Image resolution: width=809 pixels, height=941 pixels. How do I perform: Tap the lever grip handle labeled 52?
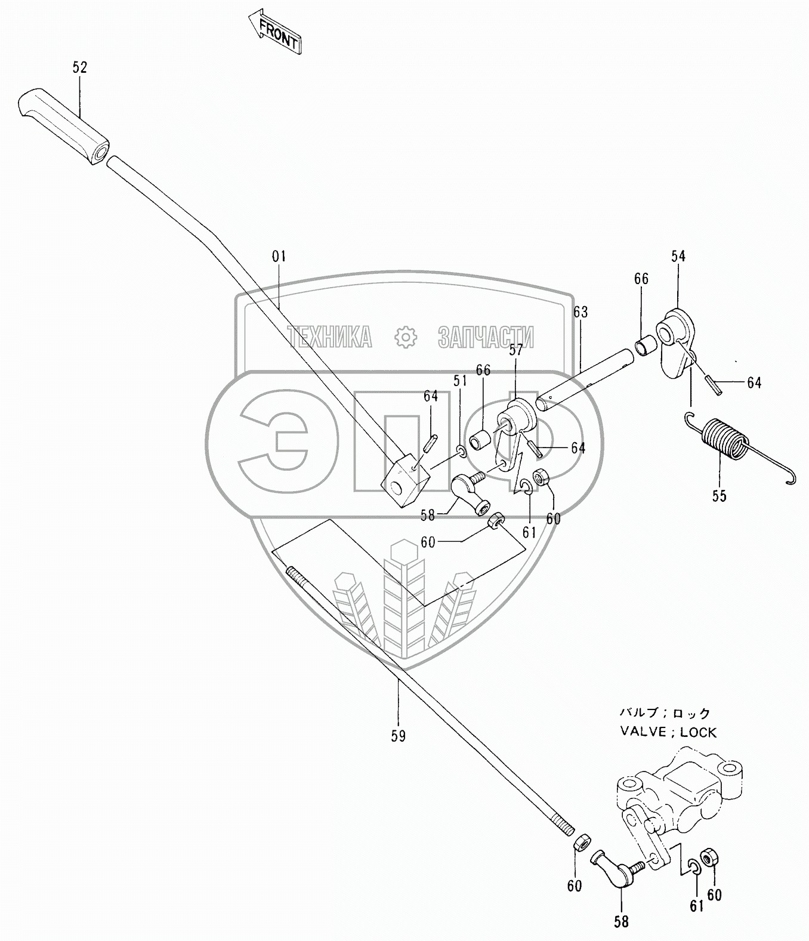coord(64,127)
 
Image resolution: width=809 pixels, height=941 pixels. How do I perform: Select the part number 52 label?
coord(80,67)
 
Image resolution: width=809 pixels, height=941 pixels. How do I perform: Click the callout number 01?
coord(279,257)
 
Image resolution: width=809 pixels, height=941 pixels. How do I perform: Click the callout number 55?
coord(720,496)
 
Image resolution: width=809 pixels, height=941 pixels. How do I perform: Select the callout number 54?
coord(678,257)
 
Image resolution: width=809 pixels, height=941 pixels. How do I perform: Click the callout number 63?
coord(580,312)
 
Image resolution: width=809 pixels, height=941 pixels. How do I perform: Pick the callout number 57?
coord(516,350)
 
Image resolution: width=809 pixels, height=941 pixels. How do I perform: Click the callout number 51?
coord(460,381)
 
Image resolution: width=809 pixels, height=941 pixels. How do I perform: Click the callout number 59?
coord(398,736)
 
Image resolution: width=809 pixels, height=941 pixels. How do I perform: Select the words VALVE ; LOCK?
coord(668,732)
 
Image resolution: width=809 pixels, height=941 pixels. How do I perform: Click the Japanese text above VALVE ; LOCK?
coord(665,712)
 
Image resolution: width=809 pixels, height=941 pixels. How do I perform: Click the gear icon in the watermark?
coord(405,337)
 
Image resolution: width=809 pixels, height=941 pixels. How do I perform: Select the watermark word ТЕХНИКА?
coord(329,337)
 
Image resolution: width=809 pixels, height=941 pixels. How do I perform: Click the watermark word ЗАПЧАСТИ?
coord(486,337)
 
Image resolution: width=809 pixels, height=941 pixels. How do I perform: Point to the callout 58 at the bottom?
coord(621,922)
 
